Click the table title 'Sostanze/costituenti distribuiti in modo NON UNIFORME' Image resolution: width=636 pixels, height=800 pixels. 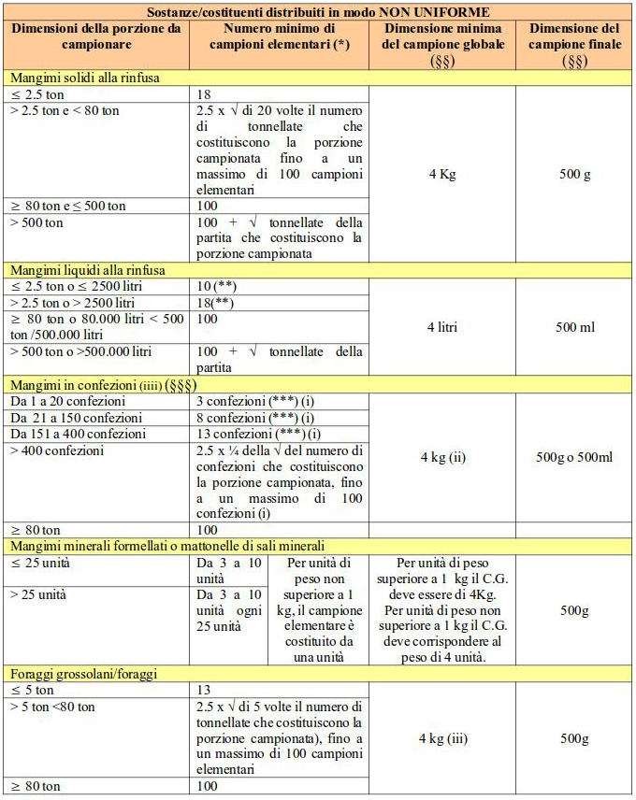coord(318,12)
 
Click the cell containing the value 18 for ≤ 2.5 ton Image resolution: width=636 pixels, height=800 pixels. coord(206,95)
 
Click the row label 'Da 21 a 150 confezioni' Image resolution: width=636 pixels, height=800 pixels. coord(76,418)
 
